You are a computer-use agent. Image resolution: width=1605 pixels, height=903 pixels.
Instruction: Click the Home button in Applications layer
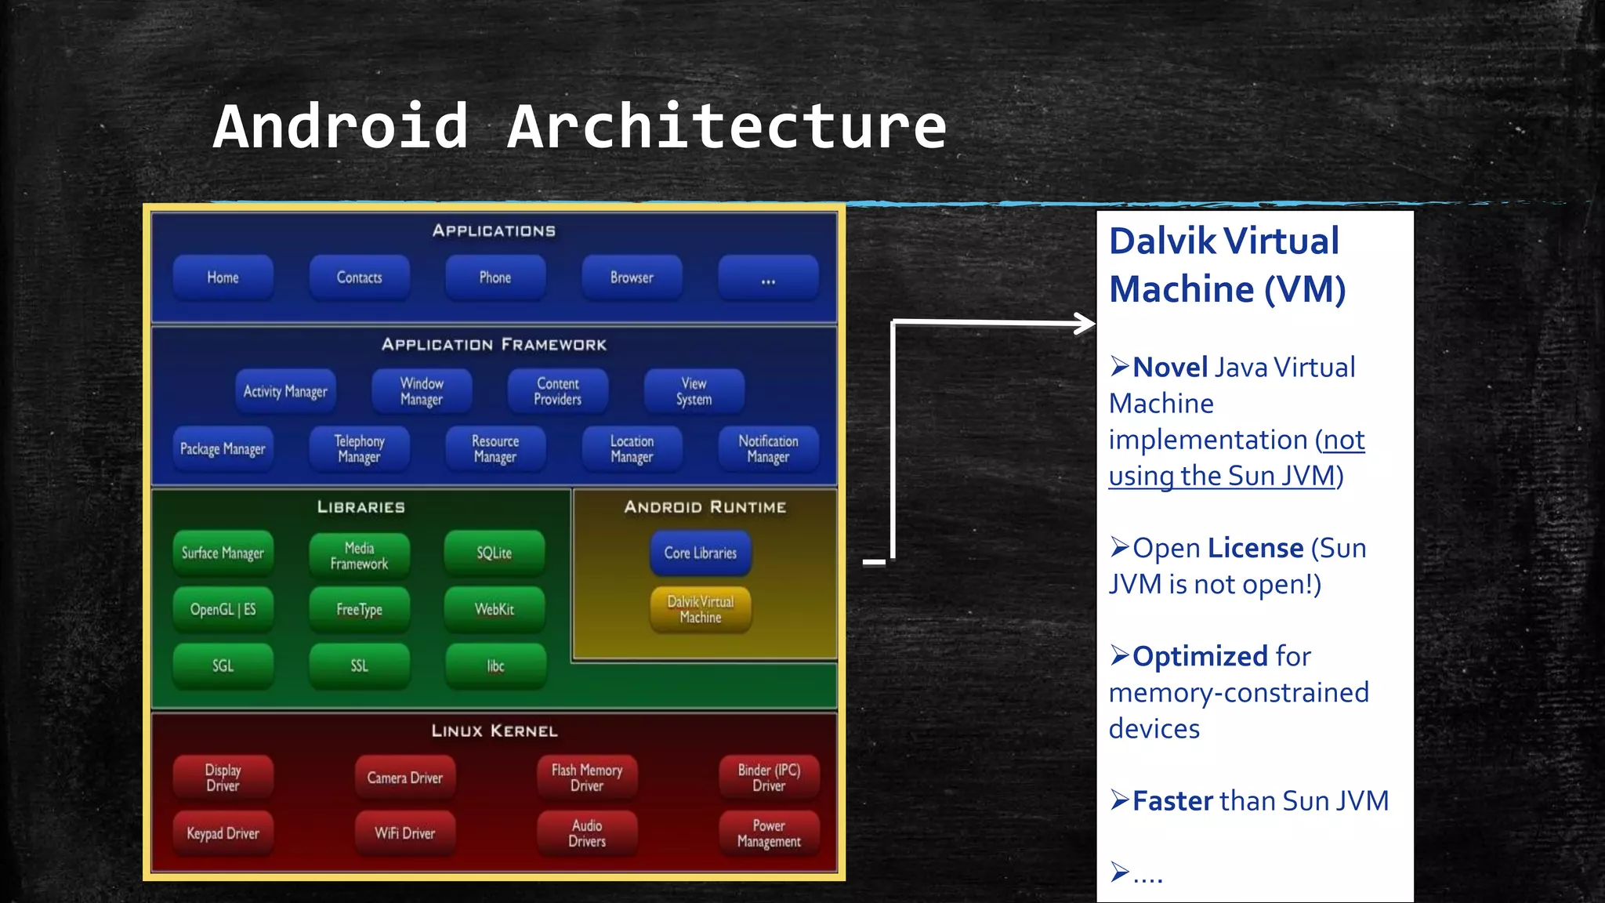tap(223, 277)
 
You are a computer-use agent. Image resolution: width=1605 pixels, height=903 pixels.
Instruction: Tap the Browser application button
tap(632, 277)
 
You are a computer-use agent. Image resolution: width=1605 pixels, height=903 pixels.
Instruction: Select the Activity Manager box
tap(285, 391)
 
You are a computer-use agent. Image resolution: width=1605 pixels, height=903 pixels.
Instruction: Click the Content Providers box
tap(557, 391)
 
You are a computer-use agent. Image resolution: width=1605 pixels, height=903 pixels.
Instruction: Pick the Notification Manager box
tap(768, 448)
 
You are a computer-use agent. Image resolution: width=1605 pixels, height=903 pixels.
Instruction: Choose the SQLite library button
tap(495, 553)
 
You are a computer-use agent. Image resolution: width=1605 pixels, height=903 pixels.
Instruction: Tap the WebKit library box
tap(495, 609)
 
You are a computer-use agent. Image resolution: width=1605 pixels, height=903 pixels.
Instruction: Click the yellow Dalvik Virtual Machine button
tap(701, 609)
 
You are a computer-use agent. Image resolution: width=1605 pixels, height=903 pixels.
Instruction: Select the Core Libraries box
tap(701, 553)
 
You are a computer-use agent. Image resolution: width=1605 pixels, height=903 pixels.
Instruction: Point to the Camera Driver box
tap(404, 778)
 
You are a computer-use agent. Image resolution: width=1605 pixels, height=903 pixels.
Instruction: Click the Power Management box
tap(769, 833)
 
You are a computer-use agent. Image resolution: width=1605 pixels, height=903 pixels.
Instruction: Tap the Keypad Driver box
tap(223, 833)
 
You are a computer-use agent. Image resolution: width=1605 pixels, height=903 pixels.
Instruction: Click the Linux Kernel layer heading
tap(495, 731)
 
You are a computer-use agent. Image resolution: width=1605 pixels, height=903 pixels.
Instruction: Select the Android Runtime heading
tap(705, 507)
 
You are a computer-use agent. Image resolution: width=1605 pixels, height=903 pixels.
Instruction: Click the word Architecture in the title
tap(726, 127)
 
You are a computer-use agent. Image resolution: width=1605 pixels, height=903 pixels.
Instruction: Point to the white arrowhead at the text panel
tap(1085, 323)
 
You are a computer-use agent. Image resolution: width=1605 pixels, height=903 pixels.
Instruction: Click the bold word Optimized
tap(1199, 656)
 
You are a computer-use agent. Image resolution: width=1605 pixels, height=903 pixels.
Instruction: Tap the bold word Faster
tap(1172, 801)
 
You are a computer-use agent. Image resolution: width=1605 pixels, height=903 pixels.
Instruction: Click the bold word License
tap(1255, 548)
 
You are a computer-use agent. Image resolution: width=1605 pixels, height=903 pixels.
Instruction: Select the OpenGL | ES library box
tap(223, 609)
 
